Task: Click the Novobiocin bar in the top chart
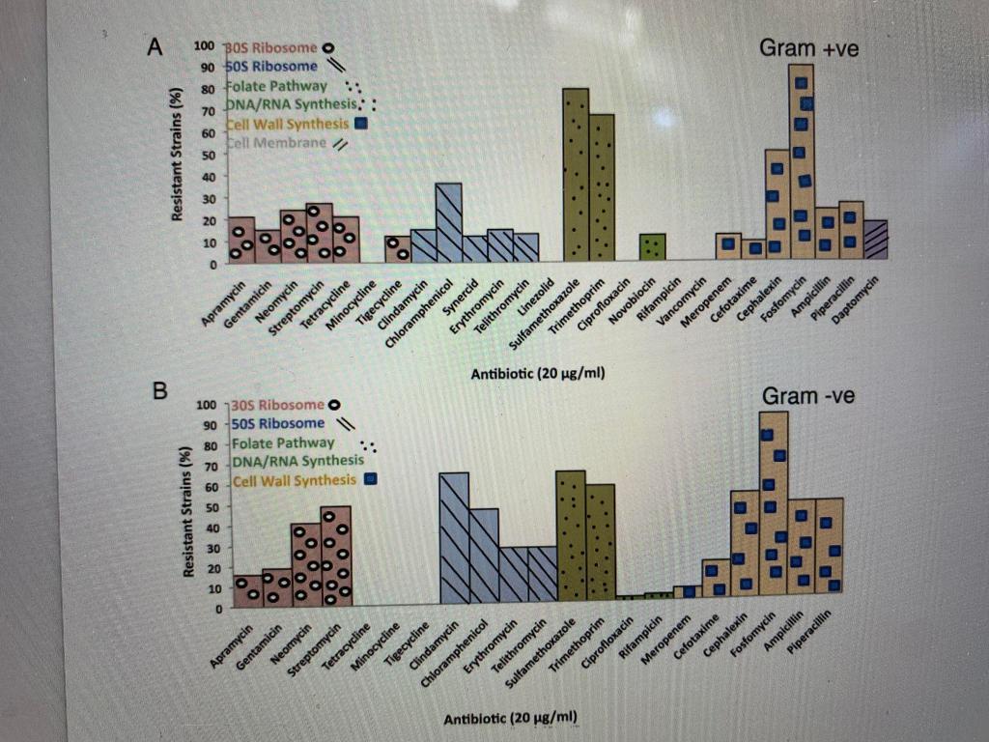pos(653,247)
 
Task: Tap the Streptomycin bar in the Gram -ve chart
pos(335,556)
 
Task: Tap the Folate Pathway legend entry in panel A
pos(276,86)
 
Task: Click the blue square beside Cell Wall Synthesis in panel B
pos(370,479)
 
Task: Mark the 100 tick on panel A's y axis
pos(204,46)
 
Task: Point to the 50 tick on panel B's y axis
pos(215,507)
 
